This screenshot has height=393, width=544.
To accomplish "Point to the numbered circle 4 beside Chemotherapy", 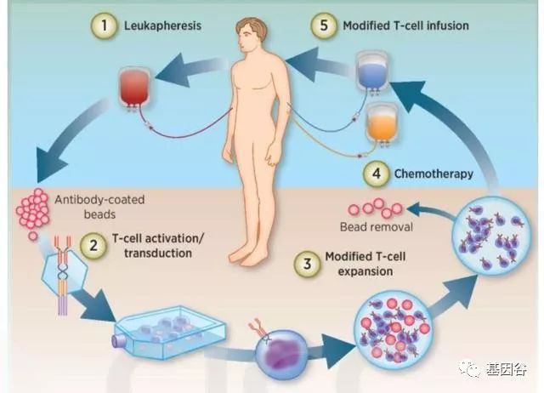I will coord(376,174).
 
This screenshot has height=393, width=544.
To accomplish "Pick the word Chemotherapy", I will coord(433,174).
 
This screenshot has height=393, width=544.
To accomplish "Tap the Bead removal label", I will coord(376,228).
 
